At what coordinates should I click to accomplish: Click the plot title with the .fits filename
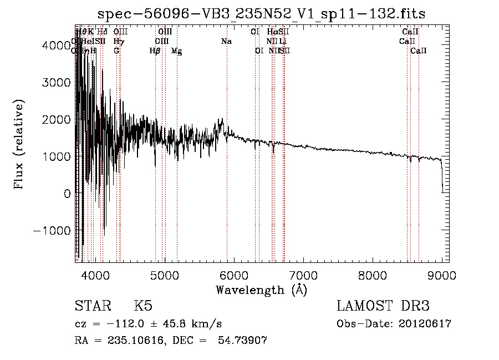(261, 13)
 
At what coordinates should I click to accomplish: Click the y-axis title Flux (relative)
(19, 145)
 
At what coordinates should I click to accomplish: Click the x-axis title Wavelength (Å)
(261, 290)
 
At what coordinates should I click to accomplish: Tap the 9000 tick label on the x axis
(442, 274)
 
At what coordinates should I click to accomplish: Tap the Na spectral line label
(226, 42)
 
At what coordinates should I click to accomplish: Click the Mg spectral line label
(176, 52)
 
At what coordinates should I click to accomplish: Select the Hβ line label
(155, 51)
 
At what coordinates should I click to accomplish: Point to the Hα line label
(272, 32)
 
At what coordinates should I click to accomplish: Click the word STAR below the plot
(92, 306)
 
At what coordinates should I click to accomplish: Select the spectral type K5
(142, 306)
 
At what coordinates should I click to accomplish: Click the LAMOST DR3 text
(383, 306)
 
